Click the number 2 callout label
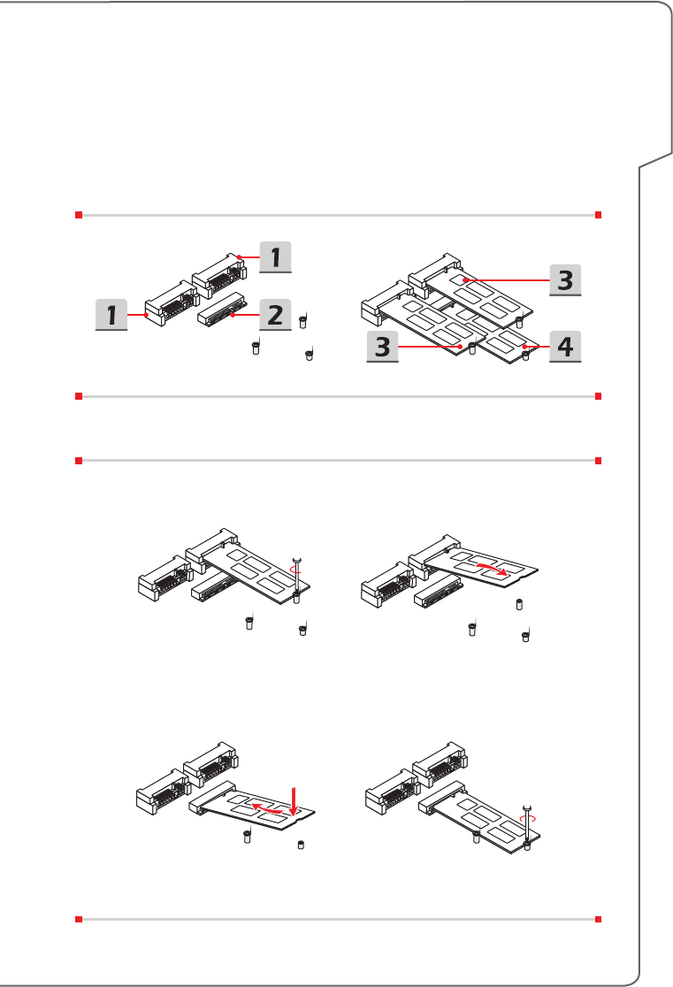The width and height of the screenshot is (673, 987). point(274,314)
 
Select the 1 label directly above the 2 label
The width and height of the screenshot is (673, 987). point(274,256)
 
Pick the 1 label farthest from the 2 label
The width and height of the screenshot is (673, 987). point(111,314)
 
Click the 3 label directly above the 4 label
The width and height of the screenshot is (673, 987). point(562,279)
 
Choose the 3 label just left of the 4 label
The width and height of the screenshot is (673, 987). point(383,347)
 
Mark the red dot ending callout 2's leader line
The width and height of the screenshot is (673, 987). point(233,313)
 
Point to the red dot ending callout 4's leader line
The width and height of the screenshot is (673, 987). point(524,346)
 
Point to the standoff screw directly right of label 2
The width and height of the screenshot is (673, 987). point(303,319)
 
